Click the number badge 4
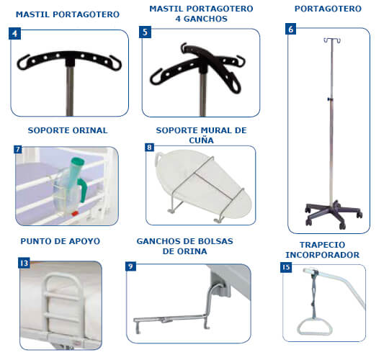pyautogui.click(x=14, y=33)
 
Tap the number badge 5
pyautogui.click(x=145, y=32)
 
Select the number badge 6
pyautogui.click(x=291, y=29)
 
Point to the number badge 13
pyautogui.click(x=24, y=263)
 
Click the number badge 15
pyautogui.click(x=286, y=267)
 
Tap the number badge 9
pyautogui.click(x=130, y=266)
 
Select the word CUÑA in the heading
pyautogui.click(x=201, y=140)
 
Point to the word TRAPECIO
pyautogui.click(x=322, y=245)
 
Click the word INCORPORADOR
pyautogui.click(x=322, y=255)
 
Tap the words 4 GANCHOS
pyautogui.click(x=201, y=19)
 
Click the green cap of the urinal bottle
pyautogui.click(x=77, y=163)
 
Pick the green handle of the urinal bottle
pyautogui.click(x=84, y=190)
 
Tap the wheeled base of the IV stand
pyautogui.click(x=334, y=215)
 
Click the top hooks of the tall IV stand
pyautogui.click(x=332, y=40)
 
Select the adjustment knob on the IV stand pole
pyautogui.click(x=329, y=99)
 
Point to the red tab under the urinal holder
pyautogui.click(x=74, y=213)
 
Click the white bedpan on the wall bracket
pyautogui.click(x=203, y=184)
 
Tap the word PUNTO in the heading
pyautogui.click(x=33, y=241)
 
